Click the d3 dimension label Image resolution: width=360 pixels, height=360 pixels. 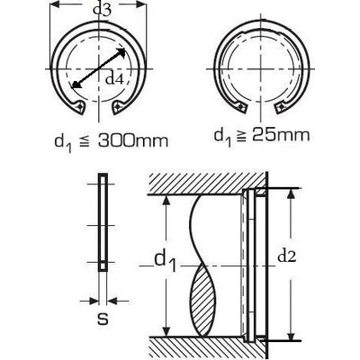coord(103,10)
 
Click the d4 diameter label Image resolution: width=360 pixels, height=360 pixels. coord(114,79)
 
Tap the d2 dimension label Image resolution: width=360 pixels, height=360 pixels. coord(287,256)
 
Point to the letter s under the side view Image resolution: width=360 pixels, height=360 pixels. coord(103,319)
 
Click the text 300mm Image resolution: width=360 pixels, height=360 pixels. coord(133,141)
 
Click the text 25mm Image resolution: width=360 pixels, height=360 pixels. coord(280,136)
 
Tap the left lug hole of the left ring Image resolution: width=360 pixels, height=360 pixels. coord(79,106)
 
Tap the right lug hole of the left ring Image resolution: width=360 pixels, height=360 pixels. coord(118,106)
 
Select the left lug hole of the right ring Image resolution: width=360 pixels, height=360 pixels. coord(240,106)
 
